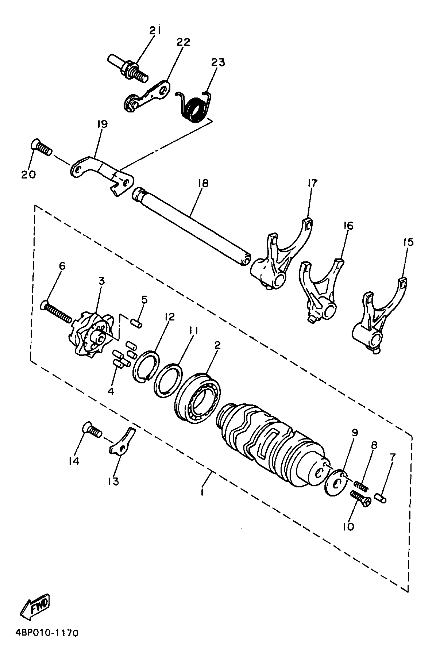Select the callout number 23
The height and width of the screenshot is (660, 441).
click(x=218, y=63)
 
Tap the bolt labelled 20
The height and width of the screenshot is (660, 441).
click(x=41, y=148)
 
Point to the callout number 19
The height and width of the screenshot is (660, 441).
click(x=102, y=124)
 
